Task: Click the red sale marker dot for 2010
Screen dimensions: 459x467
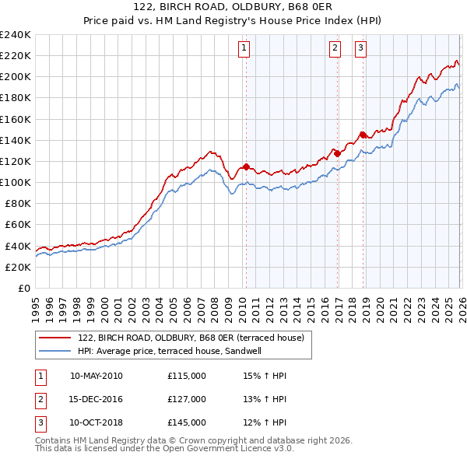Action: tap(246, 166)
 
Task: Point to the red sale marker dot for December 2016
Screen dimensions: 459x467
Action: tap(337, 154)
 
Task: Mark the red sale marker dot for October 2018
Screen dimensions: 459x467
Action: tap(363, 135)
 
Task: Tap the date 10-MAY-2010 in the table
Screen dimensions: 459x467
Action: tap(96, 376)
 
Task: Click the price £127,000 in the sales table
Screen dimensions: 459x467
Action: tap(186, 399)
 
